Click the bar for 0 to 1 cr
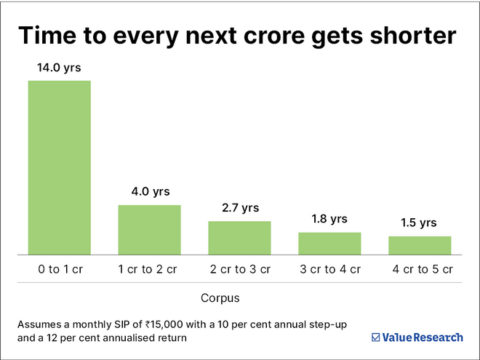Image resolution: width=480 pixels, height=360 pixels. [60, 167]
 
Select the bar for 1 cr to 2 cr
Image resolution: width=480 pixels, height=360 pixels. [149, 229]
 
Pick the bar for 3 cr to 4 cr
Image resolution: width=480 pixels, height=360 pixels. [329, 243]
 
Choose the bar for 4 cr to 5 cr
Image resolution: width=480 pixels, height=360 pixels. [420, 245]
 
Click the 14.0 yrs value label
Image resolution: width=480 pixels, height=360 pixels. [60, 68]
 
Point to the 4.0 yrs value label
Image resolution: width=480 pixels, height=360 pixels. [149, 192]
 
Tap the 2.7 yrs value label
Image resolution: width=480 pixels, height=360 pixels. [239, 208]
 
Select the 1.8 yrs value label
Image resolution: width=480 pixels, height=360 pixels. [329, 219]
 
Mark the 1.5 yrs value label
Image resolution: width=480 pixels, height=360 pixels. [420, 223]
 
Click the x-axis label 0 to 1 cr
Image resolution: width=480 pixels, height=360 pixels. [60, 269]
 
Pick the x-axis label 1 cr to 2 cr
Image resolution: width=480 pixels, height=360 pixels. [149, 269]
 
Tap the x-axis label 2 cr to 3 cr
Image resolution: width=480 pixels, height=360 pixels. [239, 269]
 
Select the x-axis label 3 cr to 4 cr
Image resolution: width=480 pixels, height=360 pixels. [329, 269]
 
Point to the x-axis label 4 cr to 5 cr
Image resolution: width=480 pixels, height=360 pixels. [420, 269]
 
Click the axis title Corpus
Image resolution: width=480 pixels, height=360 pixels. [220, 298]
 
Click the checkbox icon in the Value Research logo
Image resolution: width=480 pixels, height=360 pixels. [375, 337]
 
